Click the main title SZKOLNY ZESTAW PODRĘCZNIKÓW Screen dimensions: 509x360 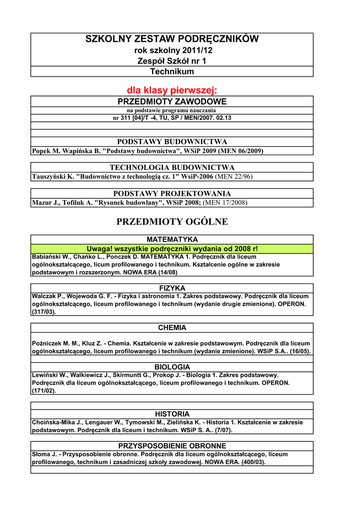click(x=172, y=39)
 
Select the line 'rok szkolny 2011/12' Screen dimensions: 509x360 click(x=172, y=51)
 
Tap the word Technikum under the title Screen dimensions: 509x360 click(x=172, y=72)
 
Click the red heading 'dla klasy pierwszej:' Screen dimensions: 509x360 click(x=172, y=90)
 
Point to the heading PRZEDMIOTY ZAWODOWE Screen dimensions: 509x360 click(x=172, y=101)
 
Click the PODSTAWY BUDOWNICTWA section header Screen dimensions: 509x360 click(x=172, y=142)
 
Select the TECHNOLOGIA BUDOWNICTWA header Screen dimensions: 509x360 click(x=172, y=168)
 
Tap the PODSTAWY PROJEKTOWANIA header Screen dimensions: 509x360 click(x=172, y=193)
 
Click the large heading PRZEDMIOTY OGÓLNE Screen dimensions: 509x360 click(x=172, y=222)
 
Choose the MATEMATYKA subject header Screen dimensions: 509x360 click(x=172, y=240)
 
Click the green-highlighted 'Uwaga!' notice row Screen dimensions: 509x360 click(x=172, y=249)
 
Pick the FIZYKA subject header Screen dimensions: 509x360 click(x=172, y=288)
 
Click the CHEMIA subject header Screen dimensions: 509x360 click(x=172, y=328)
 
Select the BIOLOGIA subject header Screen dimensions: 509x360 click(x=172, y=367)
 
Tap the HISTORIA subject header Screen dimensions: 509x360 click(x=172, y=414)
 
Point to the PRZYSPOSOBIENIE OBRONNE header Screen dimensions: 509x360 click(x=172, y=446)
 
